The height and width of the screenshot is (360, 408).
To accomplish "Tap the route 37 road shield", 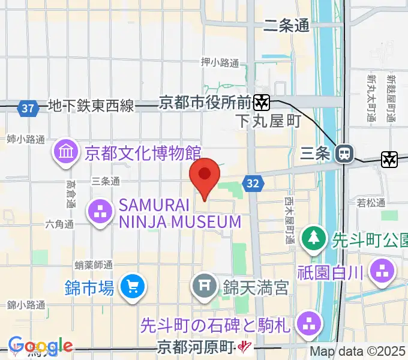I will point(27,109).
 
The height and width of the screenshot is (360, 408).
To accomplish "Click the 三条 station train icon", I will point(344,154).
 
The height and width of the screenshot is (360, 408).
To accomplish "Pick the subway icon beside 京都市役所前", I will point(261,102).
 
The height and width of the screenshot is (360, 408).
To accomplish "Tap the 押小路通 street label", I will point(220,62).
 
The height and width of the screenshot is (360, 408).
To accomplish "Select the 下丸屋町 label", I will point(268,121).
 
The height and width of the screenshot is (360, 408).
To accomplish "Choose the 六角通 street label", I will point(59,224).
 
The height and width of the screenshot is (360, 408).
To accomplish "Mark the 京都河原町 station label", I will point(196,347).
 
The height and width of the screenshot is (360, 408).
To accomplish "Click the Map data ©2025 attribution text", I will point(358,352).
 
